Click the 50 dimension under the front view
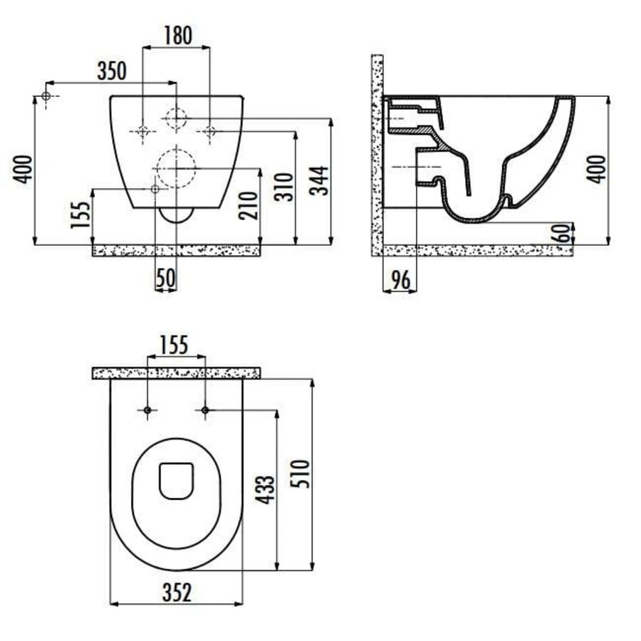coord(166,278)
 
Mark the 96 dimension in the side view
coord(400,280)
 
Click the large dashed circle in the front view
coord(175,166)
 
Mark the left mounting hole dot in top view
coord(147,410)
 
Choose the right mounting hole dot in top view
coord(205,410)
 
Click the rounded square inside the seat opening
coord(175,480)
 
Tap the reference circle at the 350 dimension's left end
coord(46,95)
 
